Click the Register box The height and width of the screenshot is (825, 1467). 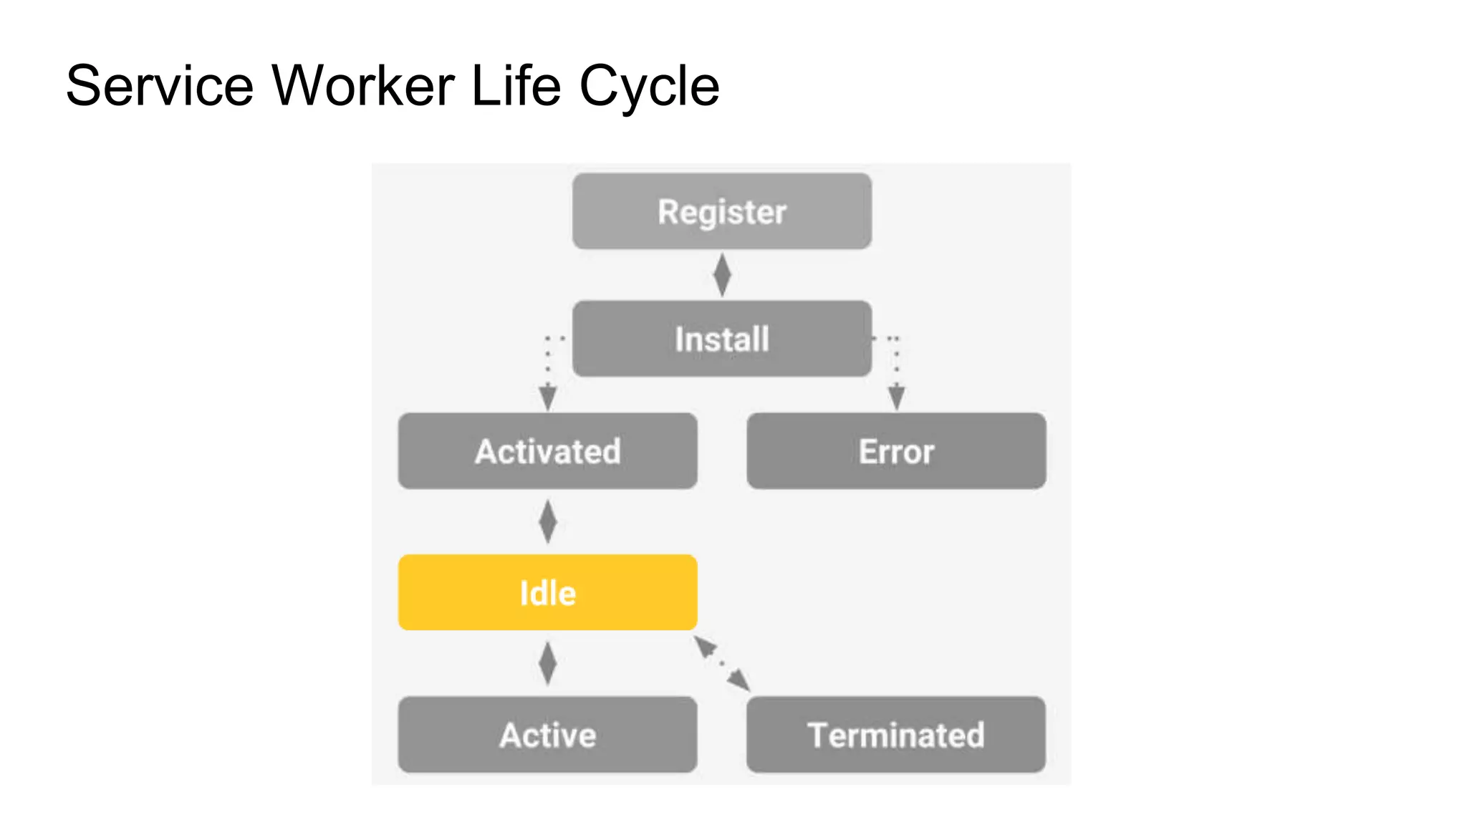722,211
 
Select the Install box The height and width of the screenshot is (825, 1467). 722,339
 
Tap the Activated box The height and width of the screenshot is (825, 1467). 548,451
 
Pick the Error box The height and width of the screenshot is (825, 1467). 896,451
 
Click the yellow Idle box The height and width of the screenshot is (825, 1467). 548,592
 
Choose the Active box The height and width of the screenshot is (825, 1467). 548,735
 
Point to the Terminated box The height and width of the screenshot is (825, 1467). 896,735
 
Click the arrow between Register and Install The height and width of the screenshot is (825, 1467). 722,275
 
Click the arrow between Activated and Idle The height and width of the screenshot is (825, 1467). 548,521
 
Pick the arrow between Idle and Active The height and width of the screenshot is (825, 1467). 548,663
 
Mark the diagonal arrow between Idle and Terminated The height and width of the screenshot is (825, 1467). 722,664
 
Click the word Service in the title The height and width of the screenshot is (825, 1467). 160,86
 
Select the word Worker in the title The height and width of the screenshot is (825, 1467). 363,86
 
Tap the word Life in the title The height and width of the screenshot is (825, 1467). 516,86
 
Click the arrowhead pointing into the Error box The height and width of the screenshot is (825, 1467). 896,397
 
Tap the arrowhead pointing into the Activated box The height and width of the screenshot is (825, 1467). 548,397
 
